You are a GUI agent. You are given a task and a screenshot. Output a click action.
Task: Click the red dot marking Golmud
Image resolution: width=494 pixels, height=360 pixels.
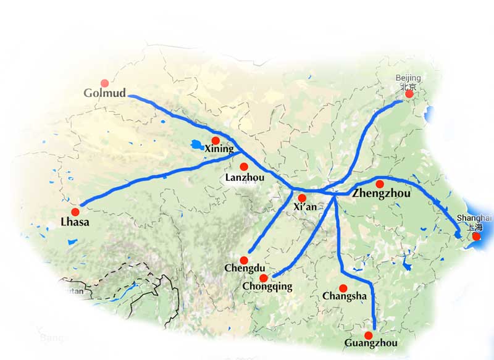pos(104,83)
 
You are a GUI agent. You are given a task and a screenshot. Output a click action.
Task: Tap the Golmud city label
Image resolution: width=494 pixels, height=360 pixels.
pos(105,94)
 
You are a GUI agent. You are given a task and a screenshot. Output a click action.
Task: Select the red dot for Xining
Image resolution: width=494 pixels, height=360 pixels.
pos(216,140)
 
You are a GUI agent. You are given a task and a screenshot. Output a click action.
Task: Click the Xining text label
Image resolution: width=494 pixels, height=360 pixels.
pos(219,149)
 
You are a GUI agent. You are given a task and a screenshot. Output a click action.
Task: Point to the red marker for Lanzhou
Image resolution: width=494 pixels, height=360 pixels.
pos(244,166)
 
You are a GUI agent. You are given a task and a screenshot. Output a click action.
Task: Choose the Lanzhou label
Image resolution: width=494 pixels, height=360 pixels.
pos(245,177)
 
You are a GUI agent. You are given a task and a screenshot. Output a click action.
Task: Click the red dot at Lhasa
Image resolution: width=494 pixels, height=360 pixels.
pos(75,212)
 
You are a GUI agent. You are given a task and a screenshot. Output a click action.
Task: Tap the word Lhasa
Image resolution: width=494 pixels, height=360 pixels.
pos(75,222)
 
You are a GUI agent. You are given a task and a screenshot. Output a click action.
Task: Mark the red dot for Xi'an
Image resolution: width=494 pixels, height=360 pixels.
pos(302,198)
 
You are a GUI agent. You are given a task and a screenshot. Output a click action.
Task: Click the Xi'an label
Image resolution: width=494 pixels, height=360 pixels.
pos(305,207)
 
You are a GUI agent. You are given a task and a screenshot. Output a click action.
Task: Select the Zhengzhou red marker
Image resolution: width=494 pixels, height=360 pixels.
pos(380,184)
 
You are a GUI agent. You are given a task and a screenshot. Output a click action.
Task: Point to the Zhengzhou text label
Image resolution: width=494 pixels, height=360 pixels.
pos(381,194)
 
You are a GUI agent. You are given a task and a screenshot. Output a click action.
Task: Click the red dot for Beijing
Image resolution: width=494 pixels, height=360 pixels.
pos(408,94)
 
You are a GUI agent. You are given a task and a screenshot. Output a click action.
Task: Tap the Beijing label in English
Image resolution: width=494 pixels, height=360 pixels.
pos(408,78)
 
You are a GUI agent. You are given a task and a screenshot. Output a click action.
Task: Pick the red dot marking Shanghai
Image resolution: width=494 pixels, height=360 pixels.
pos(476,236)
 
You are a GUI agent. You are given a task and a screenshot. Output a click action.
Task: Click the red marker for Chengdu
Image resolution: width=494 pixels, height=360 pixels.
pos(244,260)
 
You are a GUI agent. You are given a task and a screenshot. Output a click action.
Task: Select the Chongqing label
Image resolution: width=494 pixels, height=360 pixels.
pos(267,287)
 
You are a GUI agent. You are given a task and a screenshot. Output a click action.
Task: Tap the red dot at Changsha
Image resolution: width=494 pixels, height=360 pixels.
pos(343,288)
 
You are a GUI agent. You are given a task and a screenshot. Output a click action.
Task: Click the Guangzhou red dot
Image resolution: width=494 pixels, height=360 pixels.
pos(369,335)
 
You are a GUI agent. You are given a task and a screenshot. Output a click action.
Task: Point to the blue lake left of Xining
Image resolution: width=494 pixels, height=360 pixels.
pos(196,145)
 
